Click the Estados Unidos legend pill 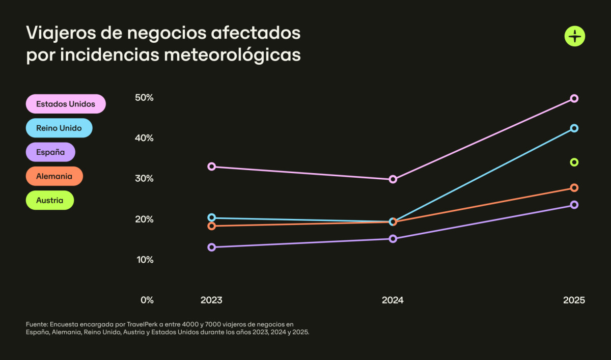[x=66, y=104]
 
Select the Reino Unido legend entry [x=59, y=128]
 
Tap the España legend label [x=50, y=152]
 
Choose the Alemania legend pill [x=54, y=176]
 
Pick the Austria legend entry [x=50, y=200]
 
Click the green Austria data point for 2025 [x=574, y=162]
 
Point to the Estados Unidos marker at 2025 [x=574, y=98]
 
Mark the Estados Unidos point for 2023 [x=212, y=167]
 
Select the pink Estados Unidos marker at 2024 [x=393, y=179]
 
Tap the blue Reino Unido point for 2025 [x=574, y=128]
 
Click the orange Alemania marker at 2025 [x=574, y=188]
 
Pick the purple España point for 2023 [x=212, y=247]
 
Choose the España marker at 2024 [x=393, y=239]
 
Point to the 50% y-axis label [x=144, y=97]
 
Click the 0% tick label [x=147, y=300]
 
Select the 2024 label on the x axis [x=393, y=300]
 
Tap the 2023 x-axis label [x=211, y=300]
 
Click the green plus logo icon [x=575, y=36]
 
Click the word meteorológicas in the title [x=232, y=55]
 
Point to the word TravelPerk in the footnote [x=132, y=324]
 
